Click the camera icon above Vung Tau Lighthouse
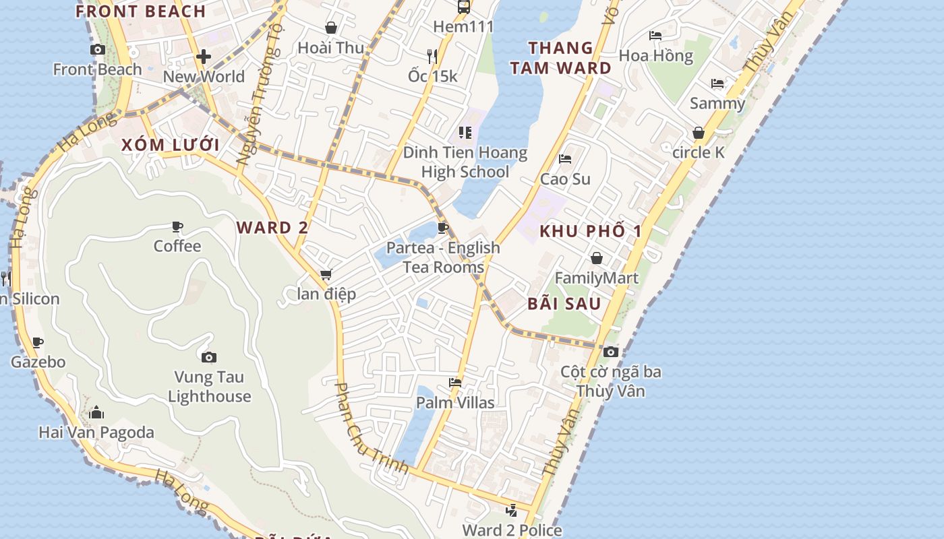pyautogui.click(x=209, y=357)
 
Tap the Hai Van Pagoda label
pyautogui.click(x=96, y=432)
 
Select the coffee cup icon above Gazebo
pyautogui.click(x=38, y=342)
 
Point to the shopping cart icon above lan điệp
pyautogui.click(x=326, y=274)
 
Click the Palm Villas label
pyautogui.click(x=455, y=403)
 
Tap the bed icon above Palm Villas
pyautogui.click(x=455, y=383)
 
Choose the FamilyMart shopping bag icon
pyautogui.click(x=597, y=258)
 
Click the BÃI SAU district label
pyautogui.click(x=564, y=304)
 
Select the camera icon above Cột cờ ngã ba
pyautogui.click(x=611, y=352)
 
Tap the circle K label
pyautogui.click(x=699, y=153)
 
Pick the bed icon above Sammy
pyautogui.click(x=717, y=84)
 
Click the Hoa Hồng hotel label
pyautogui.click(x=656, y=56)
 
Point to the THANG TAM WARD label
pyautogui.click(x=561, y=58)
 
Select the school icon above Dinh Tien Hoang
pyautogui.click(x=465, y=133)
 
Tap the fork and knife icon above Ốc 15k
pyautogui.click(x=433, y=56)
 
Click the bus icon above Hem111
pyautogui.click(x=464, y=7)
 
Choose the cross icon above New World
pyautogui.click(x=204, y=57)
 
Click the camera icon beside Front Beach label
pyautogui.click(x=98, y=49)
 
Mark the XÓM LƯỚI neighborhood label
pyautogui.click(x=171, y=145)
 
